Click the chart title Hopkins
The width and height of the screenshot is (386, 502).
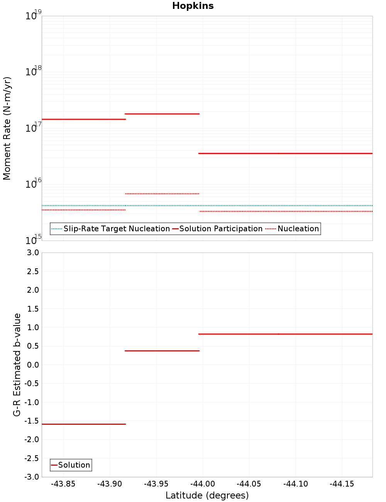(x=193, y=6)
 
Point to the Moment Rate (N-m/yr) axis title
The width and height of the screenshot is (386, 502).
(x=7, y=128)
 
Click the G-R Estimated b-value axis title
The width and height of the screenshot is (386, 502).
(x=17, y=365)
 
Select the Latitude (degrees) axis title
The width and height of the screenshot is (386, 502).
(x=207, y=495)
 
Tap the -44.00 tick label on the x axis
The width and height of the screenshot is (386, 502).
(x=203, y=484)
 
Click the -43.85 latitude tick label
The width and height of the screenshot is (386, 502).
(x=63, y=484)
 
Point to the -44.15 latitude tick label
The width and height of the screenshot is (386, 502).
(x=342, y=484)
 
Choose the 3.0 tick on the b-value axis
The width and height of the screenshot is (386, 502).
(x=32, y=253)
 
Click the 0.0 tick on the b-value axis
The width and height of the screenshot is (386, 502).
(x=32, y=365)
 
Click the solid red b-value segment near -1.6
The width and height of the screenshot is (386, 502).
(x=84, y=424)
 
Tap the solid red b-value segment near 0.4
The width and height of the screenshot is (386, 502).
(x=162, y=351)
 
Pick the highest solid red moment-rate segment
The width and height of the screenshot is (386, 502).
(x=162, y=114)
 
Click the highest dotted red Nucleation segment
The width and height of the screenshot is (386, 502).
(x=162, y=193)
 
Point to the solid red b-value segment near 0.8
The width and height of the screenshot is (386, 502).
(x=286, y=334)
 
